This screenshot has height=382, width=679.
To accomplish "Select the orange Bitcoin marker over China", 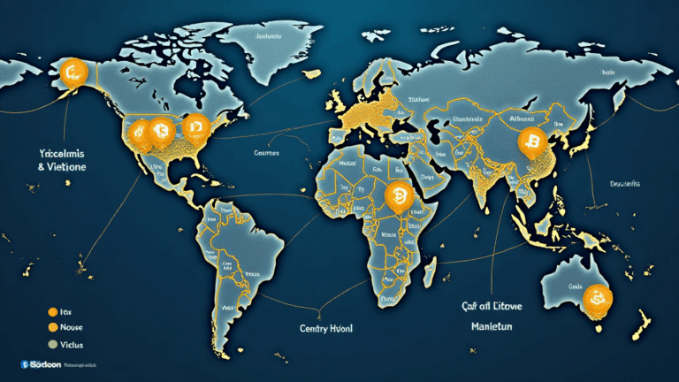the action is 532,141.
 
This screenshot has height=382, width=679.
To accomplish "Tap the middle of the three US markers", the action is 160,132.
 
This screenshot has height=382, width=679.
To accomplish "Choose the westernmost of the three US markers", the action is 139,133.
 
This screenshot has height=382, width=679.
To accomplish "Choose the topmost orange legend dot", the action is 53,312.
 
